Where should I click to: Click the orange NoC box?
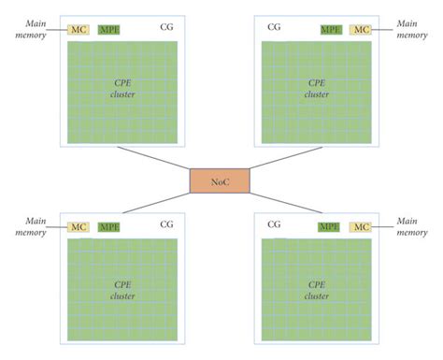click(220, 180)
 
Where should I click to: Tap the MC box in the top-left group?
click(79, 30)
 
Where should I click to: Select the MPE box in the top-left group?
click(108, 30)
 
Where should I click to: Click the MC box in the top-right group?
click(360, 30)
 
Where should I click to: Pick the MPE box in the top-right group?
click(330, 30)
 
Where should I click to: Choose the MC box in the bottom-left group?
click(79, 226)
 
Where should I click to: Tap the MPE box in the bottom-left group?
click(108, 226)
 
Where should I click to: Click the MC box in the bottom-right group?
click(360, 226)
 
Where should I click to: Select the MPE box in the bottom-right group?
click(329, 226)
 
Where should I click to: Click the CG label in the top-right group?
click(274, 27)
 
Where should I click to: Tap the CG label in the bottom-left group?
click(165, 224)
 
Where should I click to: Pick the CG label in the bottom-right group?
click(274, 224)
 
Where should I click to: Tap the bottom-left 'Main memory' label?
click(27, 226)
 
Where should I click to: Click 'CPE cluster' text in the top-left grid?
click(122, 89)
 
